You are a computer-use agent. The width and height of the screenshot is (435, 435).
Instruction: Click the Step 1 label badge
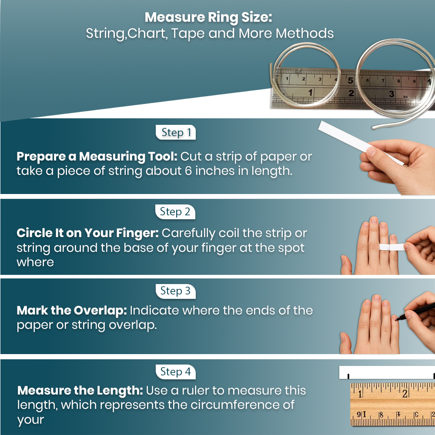[176, 133]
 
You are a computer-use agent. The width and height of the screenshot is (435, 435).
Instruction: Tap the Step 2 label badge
[175, 212]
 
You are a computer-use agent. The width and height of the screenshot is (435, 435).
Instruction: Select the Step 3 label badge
[175, 291]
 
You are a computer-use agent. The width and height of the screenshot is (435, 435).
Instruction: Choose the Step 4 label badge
[175, 372]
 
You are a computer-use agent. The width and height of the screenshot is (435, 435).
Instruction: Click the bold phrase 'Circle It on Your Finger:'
[87, 233]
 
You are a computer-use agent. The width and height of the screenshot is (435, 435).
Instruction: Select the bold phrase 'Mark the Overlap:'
[71, 311]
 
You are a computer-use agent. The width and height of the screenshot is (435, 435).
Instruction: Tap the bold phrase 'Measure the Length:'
[80, 391]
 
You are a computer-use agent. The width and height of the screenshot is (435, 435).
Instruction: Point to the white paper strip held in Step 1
[348, 137]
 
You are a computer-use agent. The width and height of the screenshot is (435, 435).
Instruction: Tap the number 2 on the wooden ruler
[405, 394]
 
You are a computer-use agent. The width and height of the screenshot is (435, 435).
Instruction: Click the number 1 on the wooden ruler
[361, 394]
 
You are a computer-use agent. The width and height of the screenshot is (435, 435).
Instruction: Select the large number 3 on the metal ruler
[392, 94]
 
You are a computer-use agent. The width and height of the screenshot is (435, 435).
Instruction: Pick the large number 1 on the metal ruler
[310, 92]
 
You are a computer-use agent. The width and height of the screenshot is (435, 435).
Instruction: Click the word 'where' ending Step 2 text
[35, 262]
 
